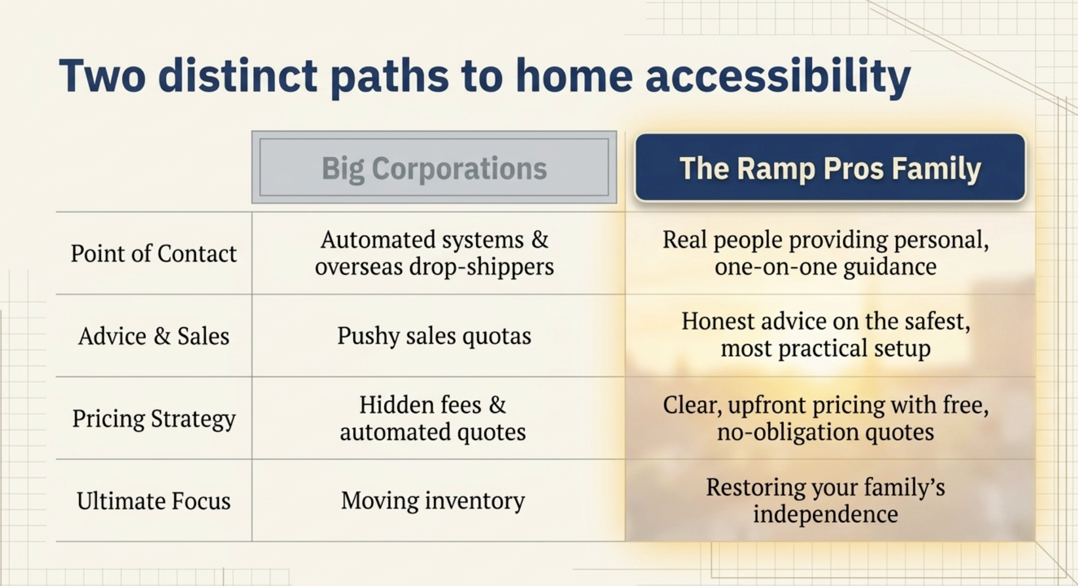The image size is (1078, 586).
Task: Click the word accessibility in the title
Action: (778, 77)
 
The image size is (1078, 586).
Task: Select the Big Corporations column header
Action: (434, 168)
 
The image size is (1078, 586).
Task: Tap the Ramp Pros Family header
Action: (830, 168)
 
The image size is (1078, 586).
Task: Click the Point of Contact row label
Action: (153, 254)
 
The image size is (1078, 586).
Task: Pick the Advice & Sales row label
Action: (154, 336)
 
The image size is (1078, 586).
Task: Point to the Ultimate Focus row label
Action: (154, 501)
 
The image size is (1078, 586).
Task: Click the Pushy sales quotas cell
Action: (434, 336)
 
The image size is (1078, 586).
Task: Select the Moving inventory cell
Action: (433, 501)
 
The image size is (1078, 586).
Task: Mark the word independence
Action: (826, 514)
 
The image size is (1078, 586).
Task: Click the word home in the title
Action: (574, 76)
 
